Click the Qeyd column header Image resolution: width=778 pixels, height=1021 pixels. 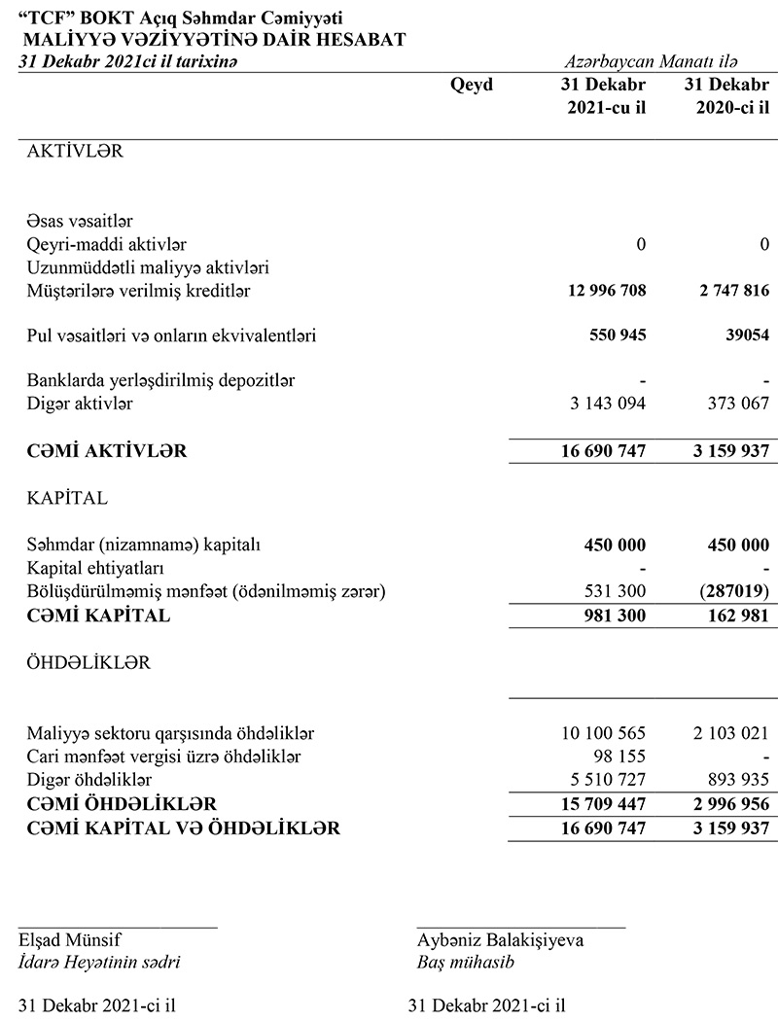coord(472,85)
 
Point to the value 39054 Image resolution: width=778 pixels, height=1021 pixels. coord(744,335)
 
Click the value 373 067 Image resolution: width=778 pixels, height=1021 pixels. coord(732,403)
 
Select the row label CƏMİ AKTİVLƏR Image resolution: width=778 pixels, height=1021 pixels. coord(107,450)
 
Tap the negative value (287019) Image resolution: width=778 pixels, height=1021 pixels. coord(730,591)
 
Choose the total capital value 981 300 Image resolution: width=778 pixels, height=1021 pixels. coord(613,615)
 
